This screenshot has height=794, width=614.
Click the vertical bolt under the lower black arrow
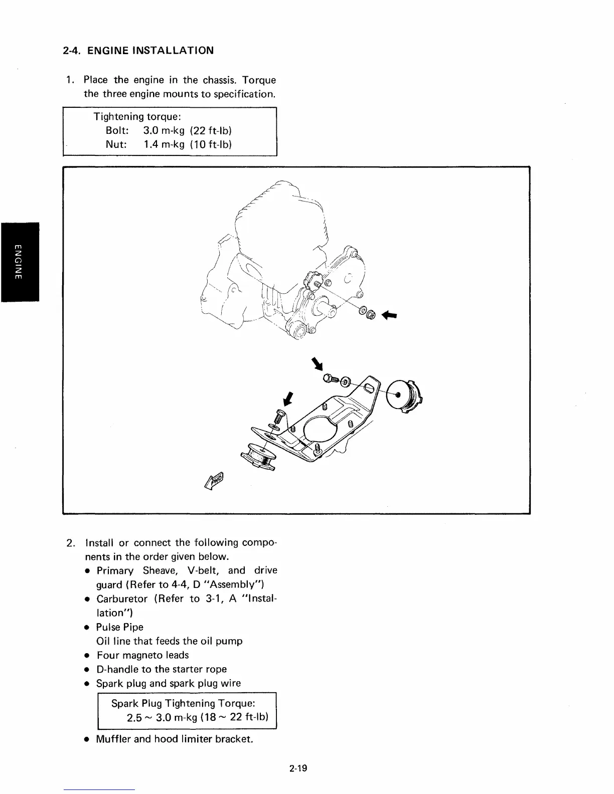[x=279, y=417]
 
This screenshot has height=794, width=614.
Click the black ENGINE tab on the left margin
[x=20, y=261]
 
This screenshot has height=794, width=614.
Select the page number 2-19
[x=298, y=767]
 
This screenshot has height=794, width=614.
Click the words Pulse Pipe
[x=120, y=627]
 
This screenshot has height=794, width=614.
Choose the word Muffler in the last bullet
[x=113, y=739]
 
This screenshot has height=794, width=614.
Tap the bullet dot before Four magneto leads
[x=87, y=656]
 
